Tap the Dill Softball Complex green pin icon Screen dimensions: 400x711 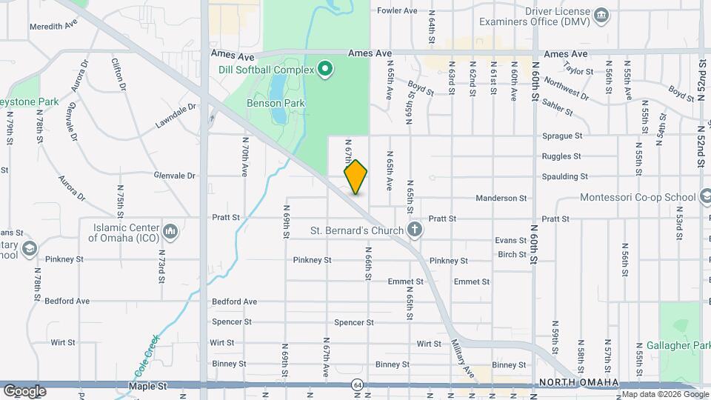(x=325, y=70)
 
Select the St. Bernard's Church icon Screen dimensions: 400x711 (x=415, y=230)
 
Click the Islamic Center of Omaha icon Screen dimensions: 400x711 (x=171, y=232)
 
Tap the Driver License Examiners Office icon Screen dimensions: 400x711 (x=601, y=15)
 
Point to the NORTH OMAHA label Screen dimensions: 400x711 (x=578, y=381)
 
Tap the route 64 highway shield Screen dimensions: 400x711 (x=358, y=385)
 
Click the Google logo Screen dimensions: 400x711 (x=24, y=390)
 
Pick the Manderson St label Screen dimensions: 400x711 (x=501, y=199)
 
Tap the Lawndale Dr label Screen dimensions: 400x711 (x=175, y=117)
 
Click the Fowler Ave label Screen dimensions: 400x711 (x=398, y=11)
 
